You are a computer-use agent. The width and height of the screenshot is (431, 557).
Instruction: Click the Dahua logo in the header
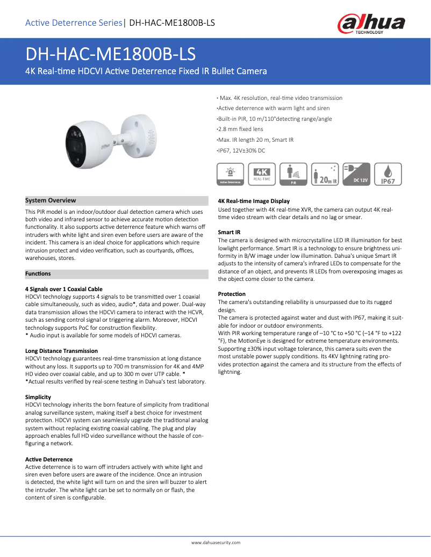371,24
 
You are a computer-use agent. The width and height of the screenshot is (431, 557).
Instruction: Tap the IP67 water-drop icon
387,175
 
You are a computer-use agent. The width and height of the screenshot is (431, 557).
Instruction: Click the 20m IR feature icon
325,175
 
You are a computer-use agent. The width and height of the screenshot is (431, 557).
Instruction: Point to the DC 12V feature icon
356,175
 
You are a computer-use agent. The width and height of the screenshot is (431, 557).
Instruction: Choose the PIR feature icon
294,175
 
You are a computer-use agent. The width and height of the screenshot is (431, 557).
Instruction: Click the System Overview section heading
51,200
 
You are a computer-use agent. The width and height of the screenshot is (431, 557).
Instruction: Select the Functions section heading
38,274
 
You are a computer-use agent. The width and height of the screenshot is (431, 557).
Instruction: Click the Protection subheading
232,294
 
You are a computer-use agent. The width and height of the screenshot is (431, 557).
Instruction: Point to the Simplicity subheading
38,397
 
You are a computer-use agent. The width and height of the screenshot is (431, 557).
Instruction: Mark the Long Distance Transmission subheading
61,351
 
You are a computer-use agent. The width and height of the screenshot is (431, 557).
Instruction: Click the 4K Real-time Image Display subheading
254,201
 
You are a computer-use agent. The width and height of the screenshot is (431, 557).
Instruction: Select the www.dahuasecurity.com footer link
215,542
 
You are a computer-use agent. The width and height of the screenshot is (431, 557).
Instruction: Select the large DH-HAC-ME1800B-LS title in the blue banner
111,54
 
